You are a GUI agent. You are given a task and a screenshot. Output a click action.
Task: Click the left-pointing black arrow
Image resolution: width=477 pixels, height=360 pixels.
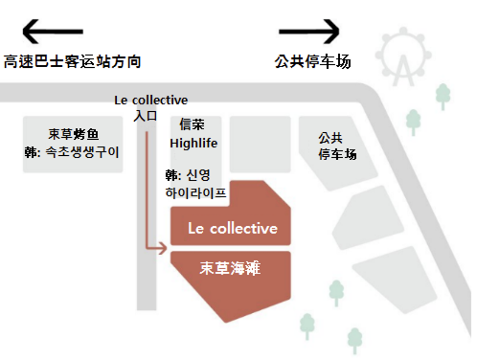click(x=53, y=32)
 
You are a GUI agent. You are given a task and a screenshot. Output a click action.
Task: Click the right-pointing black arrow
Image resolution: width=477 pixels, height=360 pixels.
click(x=309, y=32)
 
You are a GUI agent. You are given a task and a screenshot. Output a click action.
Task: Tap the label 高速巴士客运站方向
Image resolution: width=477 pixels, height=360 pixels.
click(x=72, y=61)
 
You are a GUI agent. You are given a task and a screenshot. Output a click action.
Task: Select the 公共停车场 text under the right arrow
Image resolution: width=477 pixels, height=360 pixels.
click(x=313, y=61)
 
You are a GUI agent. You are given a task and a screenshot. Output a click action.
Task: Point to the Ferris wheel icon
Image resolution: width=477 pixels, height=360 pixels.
click(x=403, y=57)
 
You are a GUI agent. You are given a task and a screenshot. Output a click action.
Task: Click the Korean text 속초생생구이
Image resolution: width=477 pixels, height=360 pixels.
click(x=82, y=152)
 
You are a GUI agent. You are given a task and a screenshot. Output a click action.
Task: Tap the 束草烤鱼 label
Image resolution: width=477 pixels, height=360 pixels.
click(x=74, y=134)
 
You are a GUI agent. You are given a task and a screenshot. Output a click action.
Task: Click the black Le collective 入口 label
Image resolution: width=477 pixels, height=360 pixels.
click(x=150, y=108)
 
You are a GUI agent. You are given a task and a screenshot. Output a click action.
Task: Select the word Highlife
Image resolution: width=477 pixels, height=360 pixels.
click(x=193, y=144)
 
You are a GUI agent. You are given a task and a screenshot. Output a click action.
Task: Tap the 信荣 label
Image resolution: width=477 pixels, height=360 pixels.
click(x=192, y=124)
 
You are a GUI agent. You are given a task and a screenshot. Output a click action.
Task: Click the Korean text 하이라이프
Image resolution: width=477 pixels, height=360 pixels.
click(x=195, y=193)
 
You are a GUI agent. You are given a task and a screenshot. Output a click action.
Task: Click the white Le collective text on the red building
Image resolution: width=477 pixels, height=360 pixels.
click(x=233, y=229)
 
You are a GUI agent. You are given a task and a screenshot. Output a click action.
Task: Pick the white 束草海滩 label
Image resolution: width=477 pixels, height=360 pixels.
click(x=230, y=268)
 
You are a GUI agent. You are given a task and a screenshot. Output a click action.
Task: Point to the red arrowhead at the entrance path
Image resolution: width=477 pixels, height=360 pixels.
click(x=163, y=248)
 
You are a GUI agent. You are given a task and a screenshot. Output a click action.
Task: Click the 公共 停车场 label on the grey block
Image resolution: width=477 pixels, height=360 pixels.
click(x=337, y=146)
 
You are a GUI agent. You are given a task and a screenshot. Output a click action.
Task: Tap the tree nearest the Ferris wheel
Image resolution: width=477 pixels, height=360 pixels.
click(x=443, y=97)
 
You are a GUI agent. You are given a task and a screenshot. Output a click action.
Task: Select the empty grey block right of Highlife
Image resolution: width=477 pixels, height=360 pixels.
click(x=261, y=145)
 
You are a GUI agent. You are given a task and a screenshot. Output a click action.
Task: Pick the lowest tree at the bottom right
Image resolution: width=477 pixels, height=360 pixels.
click(x=354, y=341)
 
